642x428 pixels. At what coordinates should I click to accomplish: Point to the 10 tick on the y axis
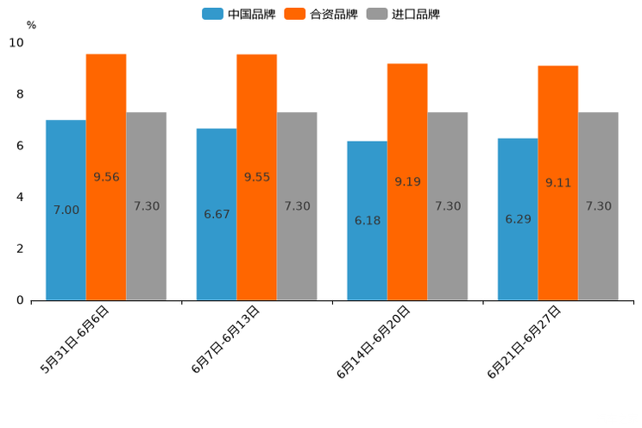(16, 42)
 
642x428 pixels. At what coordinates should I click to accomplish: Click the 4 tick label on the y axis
(20, 197)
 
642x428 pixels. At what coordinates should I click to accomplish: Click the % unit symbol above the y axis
(31, 25)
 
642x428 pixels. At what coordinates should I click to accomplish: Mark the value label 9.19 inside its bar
(407, 182)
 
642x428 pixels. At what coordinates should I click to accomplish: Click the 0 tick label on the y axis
(20, 300)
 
